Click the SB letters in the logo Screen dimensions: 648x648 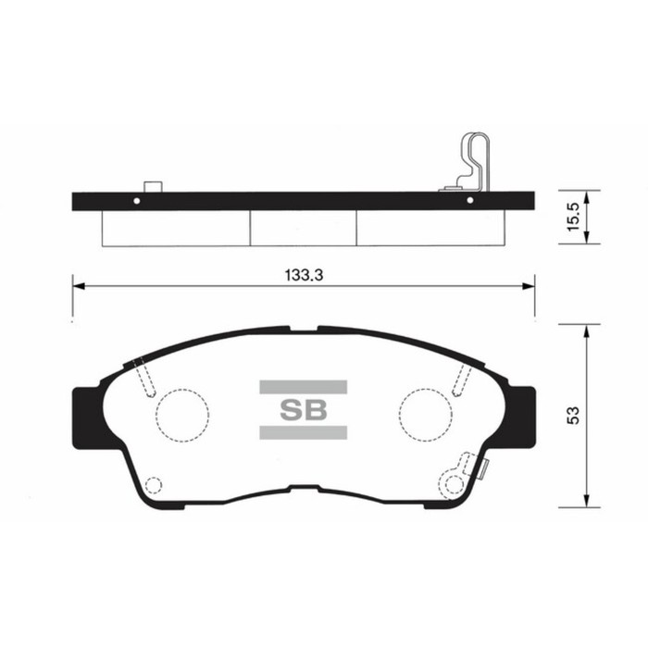tap(303, 408)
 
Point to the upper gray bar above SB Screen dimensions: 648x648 tap(303, 385)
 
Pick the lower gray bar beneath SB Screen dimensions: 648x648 tap(303, 432)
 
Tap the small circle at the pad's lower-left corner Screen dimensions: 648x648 tap(155, 483)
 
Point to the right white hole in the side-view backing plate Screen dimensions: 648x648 tap(470, 200)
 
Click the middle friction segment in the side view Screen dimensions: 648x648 tap(304, 228)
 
